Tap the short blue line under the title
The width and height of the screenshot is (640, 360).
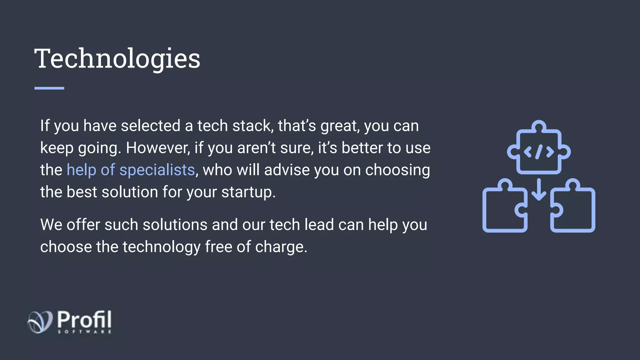[x=49, y=88]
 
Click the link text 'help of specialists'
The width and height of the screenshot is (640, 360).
[x=131, y=170]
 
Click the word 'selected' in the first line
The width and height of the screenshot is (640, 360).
[x=151, y=126]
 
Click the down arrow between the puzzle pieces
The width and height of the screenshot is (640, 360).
[x=539, y=189]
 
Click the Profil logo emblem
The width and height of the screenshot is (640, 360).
[x=40, y=322]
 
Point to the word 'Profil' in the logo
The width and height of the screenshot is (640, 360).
[x=84, y=319]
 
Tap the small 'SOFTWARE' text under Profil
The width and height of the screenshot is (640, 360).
[x=84, y=332]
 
